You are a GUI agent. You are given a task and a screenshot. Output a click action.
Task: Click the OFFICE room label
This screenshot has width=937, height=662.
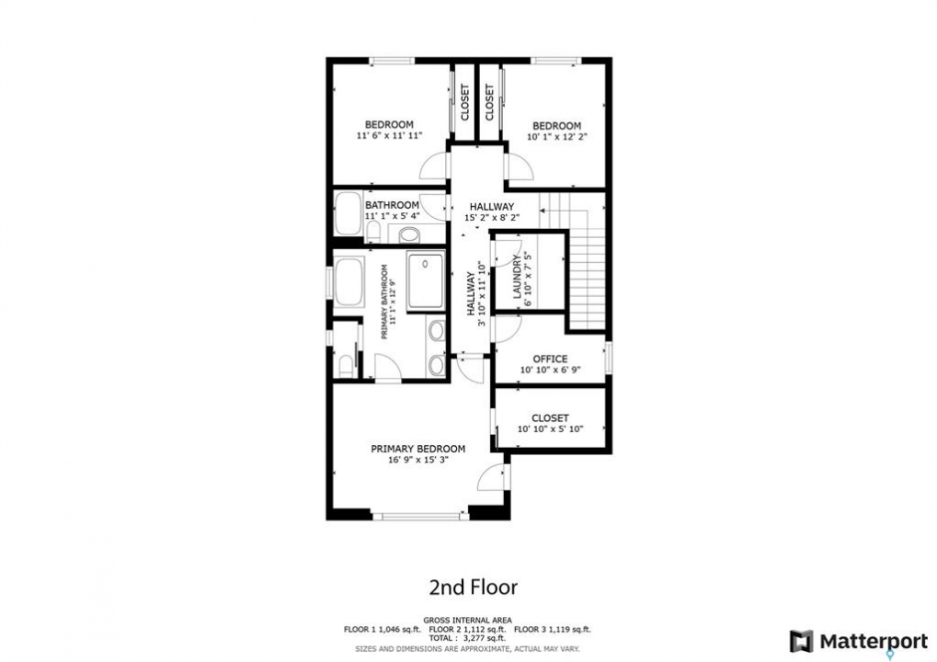coord(550,360)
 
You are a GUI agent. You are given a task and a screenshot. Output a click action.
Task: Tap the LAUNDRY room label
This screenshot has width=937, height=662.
coord(517,276)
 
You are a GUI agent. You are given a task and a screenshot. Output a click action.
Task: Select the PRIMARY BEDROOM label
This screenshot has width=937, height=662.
coord(417,449)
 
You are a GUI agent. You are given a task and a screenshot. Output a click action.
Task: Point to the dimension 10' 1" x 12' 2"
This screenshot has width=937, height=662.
coord(556,136)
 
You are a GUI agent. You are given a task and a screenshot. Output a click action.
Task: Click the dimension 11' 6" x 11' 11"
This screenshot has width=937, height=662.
coord(389,136)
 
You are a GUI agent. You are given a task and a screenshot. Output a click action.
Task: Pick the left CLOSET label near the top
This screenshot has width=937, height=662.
coord(465,102)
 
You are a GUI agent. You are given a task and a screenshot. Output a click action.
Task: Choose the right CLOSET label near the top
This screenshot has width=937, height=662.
coord(489,102)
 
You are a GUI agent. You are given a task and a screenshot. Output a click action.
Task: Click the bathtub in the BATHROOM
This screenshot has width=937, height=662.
coord(348,212)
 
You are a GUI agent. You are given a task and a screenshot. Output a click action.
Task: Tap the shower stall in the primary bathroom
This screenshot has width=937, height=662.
coord(426,280)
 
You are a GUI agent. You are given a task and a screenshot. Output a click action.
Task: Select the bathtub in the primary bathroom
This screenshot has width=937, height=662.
coord(349,282)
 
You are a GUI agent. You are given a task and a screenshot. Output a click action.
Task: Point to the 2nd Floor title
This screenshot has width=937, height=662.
coord(474,587)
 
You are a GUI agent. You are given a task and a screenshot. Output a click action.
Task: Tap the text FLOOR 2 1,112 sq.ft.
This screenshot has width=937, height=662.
coord(468,629)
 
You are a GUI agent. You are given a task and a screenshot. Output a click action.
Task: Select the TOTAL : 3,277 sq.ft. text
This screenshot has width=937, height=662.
coord(467,638)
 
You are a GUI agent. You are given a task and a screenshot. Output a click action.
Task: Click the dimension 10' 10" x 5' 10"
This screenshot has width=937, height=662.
coord(550,429)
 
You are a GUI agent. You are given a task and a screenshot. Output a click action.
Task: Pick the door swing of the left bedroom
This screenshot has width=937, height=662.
coord(433,166)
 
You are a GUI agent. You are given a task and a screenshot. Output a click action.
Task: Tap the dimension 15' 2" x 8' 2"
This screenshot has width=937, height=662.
coord(492,218)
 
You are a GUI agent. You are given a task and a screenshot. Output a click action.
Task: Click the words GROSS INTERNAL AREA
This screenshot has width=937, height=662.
coord(467,621)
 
